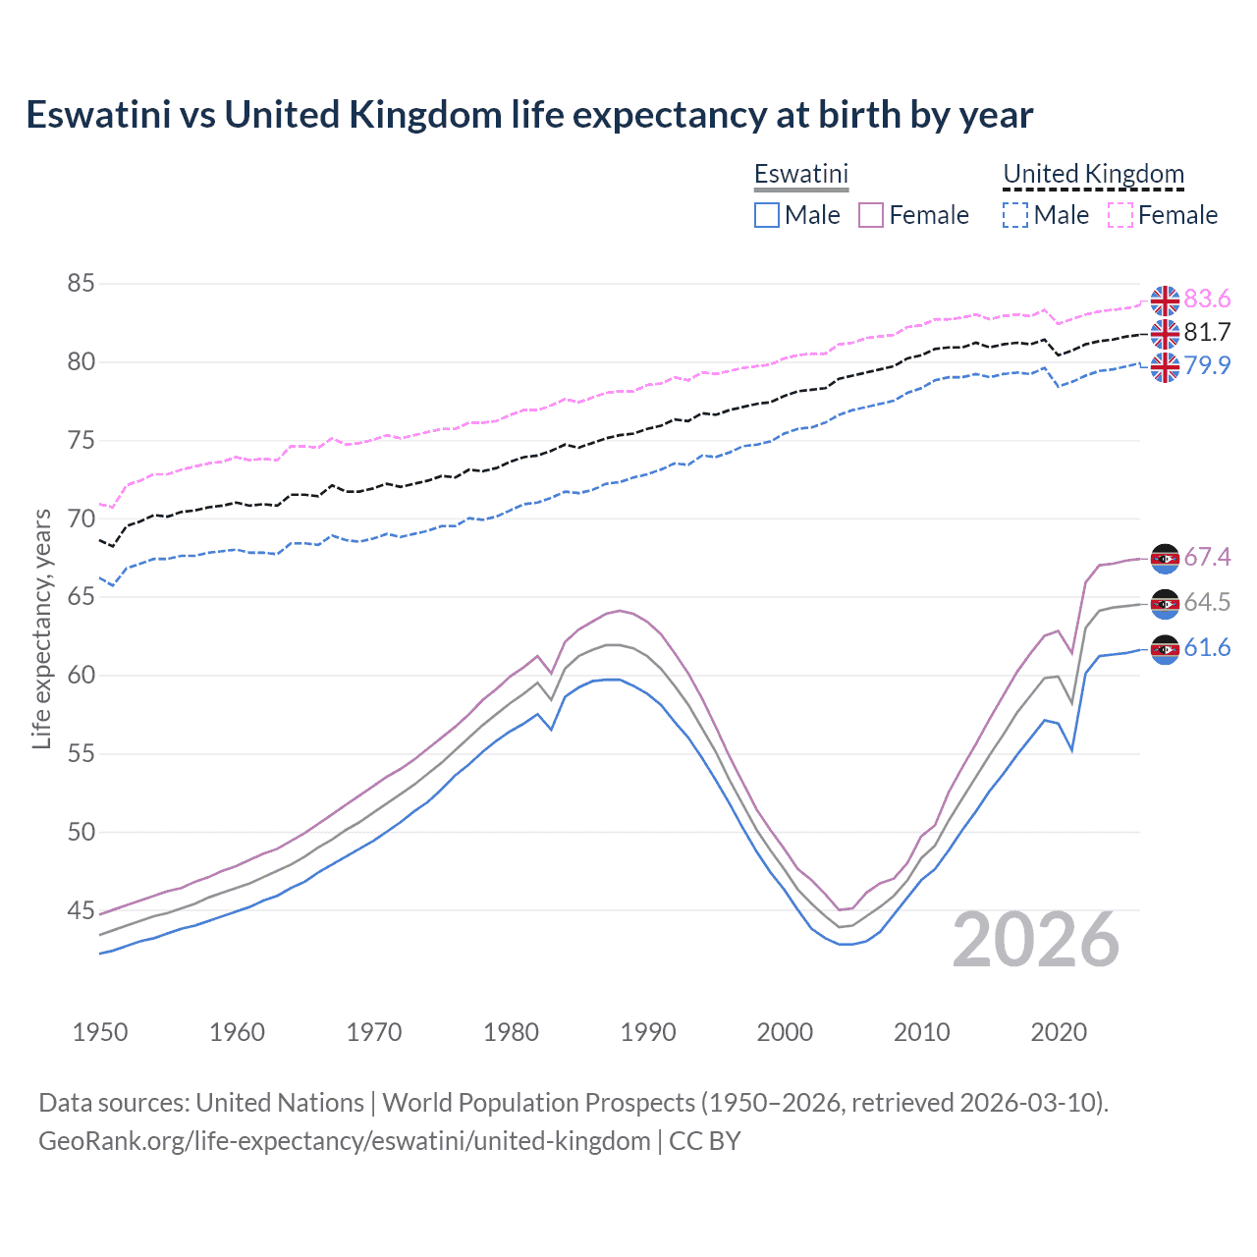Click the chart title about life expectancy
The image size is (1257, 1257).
(529, 115)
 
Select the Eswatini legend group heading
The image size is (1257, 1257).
(800, 174)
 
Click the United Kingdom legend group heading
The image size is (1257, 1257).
(1093, 174)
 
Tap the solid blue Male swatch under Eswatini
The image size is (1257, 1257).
(767, 215)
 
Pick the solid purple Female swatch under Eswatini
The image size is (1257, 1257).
(871, 215)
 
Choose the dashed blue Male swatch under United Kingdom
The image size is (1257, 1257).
(1015, 215)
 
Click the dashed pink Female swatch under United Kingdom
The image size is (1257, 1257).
(1120, 215)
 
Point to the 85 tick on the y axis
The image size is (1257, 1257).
(81, 284)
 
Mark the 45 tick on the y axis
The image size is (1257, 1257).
(81, 910)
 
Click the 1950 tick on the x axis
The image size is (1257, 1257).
(100, 1032)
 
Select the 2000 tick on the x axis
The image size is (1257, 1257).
(785, 1032)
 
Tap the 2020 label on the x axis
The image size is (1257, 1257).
(1059, 1032)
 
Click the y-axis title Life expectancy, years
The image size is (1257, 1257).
(41, 628)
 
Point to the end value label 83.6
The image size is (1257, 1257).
(1207, 299)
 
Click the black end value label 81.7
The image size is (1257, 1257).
(1207, 333)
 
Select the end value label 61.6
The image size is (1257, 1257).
(1207, 648)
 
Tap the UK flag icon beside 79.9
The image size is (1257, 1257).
(1165, 367)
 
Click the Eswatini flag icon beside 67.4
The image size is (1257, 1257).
(1165, 558)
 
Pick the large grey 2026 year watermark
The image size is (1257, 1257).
(1036, 940)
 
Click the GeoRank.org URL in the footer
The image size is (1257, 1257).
(344, 1141)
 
